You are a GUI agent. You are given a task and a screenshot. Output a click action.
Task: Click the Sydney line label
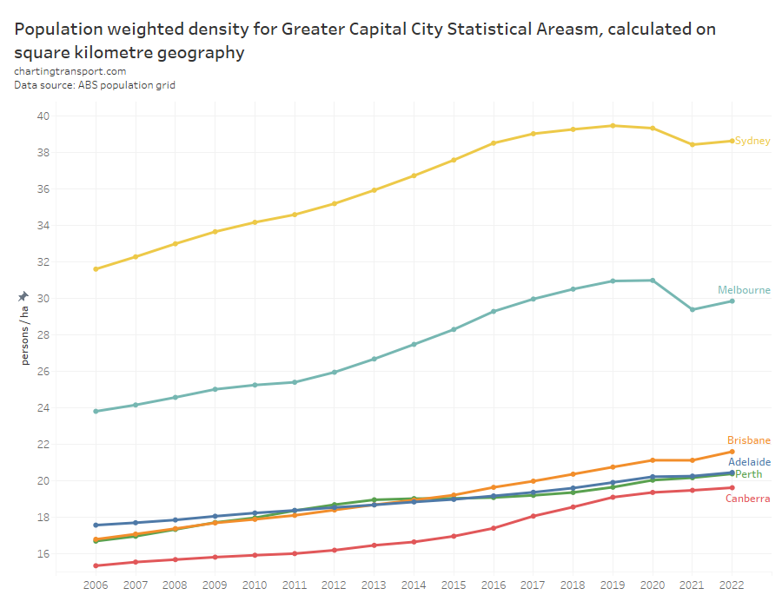tap(752, 141)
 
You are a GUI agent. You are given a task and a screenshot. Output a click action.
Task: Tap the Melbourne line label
tap(744, 290)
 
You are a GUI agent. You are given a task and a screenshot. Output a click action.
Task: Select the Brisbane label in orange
tap(749, 440)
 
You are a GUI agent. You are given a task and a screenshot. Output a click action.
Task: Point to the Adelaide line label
tap(749, 462)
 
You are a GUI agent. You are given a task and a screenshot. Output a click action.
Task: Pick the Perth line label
tap(749, 474)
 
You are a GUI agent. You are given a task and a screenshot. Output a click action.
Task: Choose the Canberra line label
tap(747, 499)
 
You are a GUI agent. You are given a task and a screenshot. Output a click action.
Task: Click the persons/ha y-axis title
tap(24, 335)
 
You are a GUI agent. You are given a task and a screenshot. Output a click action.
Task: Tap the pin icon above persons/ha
tap(23, 296)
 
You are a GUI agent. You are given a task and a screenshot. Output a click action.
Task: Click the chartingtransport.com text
tap(70, 71)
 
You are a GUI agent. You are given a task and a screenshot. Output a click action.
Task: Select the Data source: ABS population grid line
tap(95, 85)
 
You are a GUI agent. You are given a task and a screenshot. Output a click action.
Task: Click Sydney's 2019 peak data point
tap(613, 126)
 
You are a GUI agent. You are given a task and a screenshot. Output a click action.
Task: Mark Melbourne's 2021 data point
tap(693, 309)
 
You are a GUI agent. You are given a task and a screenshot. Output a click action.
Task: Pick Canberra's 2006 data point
tap(96, 565)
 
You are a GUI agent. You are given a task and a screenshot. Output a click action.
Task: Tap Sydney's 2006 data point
tap(96, 269)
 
